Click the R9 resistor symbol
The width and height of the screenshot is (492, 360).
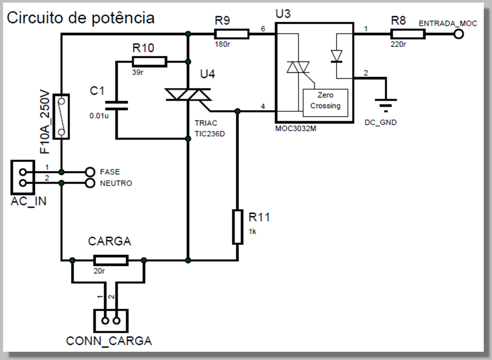pos(232,35)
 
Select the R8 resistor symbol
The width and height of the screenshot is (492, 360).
pos(408,35)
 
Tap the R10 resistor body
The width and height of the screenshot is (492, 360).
pos(149,62)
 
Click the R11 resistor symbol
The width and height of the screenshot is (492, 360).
pos(237,227)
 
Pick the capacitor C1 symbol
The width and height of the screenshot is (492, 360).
pos(116,106)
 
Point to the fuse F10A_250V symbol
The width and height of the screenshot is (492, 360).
pos(61,116)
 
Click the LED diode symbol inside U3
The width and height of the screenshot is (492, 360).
pos(337,55)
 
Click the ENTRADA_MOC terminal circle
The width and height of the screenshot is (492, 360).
pos(458,35)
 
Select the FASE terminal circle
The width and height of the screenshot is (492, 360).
pos(90,172)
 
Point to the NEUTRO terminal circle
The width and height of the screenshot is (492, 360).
pos(90,183)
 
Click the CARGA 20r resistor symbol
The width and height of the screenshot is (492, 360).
pos(110,260)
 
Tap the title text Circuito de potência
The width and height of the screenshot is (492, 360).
pos(80,18)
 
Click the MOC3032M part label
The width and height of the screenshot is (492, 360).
pos(295,129)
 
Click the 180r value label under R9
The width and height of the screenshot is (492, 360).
pos(223,45)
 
